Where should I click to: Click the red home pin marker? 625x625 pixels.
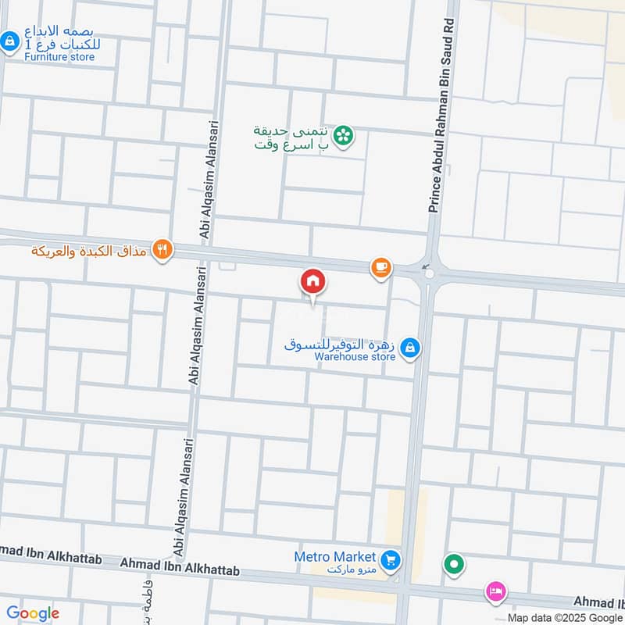[313, 281]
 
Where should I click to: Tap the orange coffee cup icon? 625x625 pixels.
[380, 268]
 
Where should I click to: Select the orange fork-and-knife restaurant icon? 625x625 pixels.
[162, 250]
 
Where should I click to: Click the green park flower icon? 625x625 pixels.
[342, 137]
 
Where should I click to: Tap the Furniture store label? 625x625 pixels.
[59, 57]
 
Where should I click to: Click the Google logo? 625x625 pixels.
[33, 613]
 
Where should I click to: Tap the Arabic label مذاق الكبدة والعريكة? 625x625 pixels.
[91, 251]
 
